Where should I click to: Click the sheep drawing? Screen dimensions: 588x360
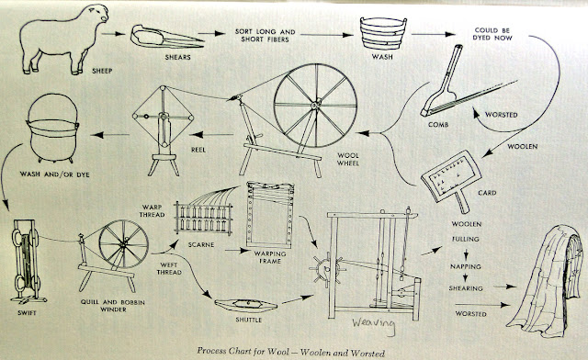click(x=63, y=39)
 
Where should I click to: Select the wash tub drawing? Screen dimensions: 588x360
click(x=383, y=33)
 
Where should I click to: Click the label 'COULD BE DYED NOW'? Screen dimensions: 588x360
click(x=492, y=34)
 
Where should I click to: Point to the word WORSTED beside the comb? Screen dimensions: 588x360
click(x=502, y=115)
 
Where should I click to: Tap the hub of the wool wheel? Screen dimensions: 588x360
click(x=316, y=104)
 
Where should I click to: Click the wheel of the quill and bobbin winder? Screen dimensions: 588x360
click(x=123, y=244)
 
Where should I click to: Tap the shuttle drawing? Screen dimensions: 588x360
click(x=245, y=305)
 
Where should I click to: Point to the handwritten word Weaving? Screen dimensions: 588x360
click(x=374, y=325)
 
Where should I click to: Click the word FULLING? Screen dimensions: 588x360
click(x=466, y=239)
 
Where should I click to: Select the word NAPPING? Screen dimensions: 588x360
click(x=466, y=266)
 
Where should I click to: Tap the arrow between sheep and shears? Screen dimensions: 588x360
click(x=114, y=34)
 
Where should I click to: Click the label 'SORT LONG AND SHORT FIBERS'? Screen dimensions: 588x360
click(x=266, y=36)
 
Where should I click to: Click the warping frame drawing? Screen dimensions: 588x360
click(x=269, y=215)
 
